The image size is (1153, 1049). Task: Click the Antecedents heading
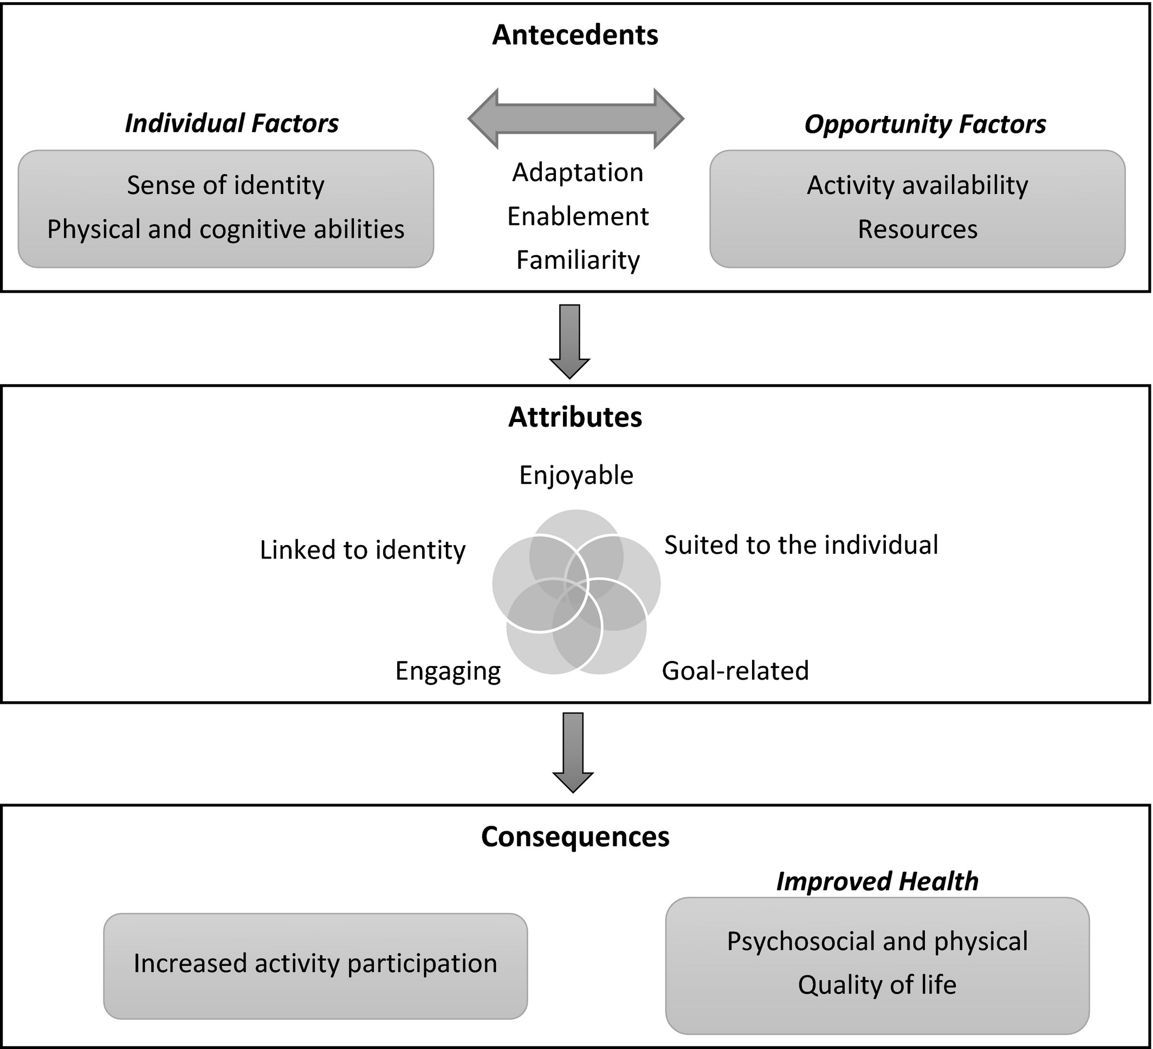575,35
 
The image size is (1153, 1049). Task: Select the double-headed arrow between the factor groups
575,119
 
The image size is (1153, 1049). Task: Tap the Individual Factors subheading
232,124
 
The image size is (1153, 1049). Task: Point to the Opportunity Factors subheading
925,124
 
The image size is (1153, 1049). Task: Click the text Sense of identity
225,185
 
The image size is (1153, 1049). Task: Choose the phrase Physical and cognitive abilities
225,229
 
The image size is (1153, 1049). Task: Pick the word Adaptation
578,173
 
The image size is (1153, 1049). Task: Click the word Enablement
578,217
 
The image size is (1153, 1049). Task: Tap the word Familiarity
578,260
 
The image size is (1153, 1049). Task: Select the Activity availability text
917,185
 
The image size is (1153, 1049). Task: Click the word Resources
917,229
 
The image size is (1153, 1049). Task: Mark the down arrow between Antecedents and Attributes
569,341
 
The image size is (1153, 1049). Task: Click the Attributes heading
575,417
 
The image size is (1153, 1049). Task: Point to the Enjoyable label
576,475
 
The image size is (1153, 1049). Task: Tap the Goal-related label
735,671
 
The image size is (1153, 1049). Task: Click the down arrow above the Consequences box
573,752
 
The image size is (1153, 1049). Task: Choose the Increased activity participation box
315,963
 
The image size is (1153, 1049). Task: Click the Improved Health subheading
877,882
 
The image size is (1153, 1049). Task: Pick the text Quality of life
877,985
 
